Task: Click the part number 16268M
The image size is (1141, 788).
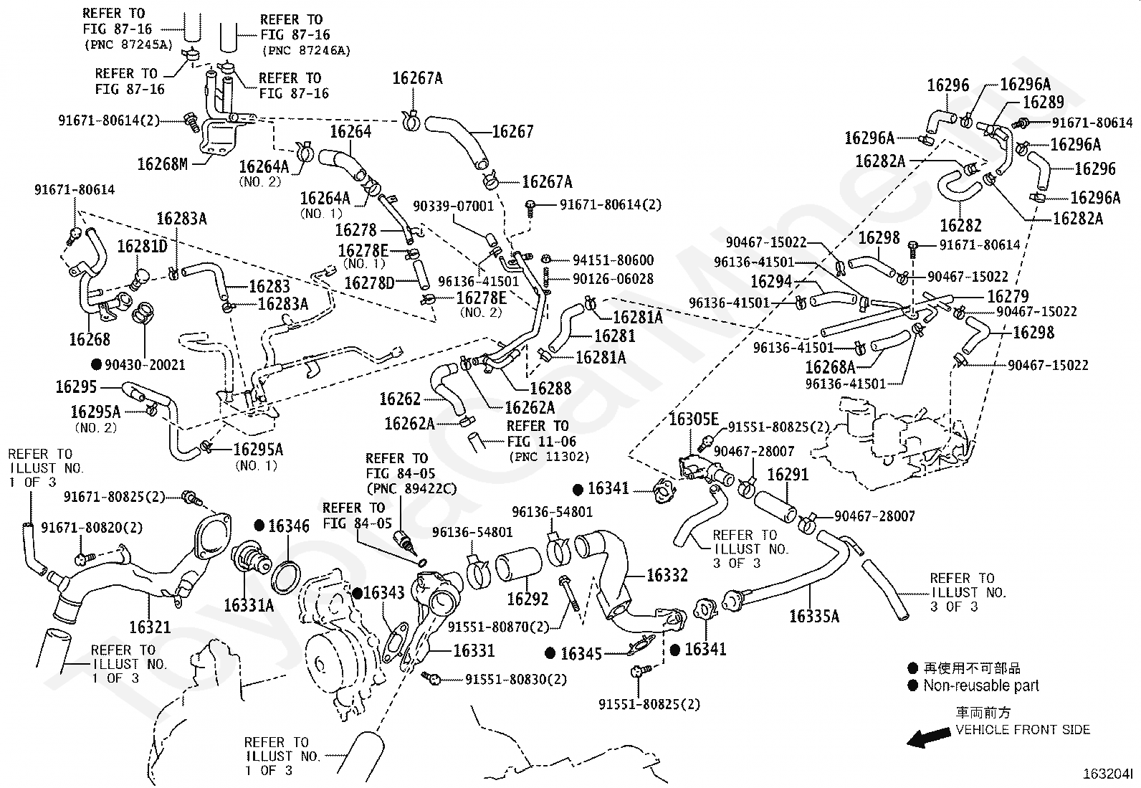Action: point(162,164)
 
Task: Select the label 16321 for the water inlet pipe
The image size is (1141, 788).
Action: point(150,627)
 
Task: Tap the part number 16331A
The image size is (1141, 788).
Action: point(249,605)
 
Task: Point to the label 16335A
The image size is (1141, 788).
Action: point(813,616)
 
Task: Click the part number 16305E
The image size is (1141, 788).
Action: point(693,419)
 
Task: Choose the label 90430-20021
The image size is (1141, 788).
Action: point(145,365)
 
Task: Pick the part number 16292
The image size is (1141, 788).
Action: point(527,599)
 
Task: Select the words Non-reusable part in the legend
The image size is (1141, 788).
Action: point(981,686)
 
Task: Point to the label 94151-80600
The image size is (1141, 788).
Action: point(613,260)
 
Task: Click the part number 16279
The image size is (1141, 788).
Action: point(1008,296)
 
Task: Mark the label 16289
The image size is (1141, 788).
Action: point(1044,103)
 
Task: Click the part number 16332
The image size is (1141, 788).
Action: point(667,575)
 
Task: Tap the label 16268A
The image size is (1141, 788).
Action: point(830,367)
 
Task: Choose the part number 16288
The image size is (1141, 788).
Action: point(550,389)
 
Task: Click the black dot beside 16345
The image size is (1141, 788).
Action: point(550,653)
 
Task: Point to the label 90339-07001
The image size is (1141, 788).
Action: point(453,206)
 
